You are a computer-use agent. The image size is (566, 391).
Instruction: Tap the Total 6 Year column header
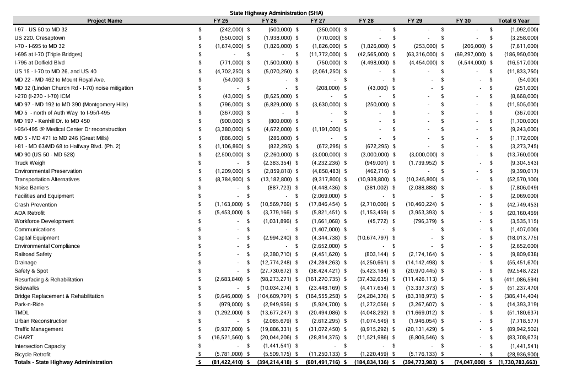click(514, 21)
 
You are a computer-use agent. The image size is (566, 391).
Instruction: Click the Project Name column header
click(105, 21)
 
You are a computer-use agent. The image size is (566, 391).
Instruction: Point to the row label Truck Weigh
click(30, 163)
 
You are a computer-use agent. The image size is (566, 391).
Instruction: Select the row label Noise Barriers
click(31, 188)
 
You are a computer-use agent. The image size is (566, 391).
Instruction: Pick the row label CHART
click(24, 338)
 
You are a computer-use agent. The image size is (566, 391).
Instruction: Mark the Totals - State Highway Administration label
click(63, 362)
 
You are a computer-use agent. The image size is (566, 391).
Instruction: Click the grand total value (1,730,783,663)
click(518, 362)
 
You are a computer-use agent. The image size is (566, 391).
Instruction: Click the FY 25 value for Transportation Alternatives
click(228, 180)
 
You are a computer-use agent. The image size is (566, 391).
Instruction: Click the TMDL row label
click(21, 312)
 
